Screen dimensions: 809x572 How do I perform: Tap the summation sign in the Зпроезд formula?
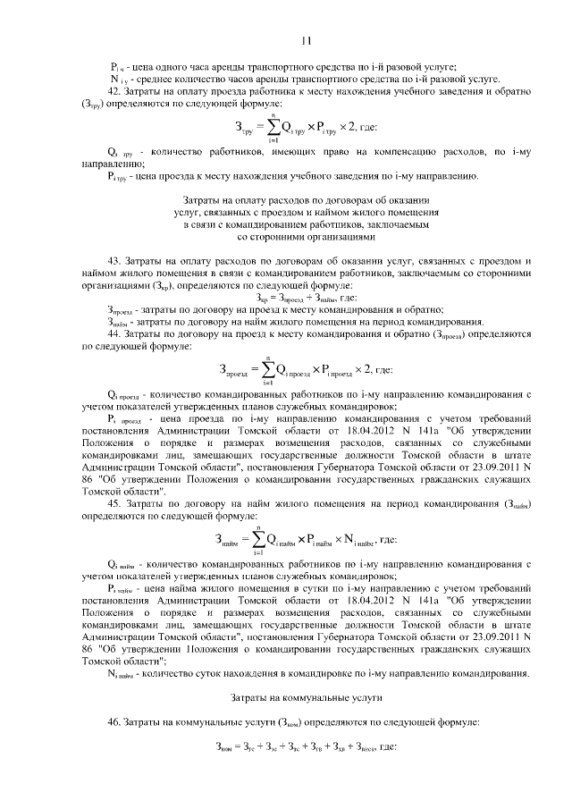[267, 368]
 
